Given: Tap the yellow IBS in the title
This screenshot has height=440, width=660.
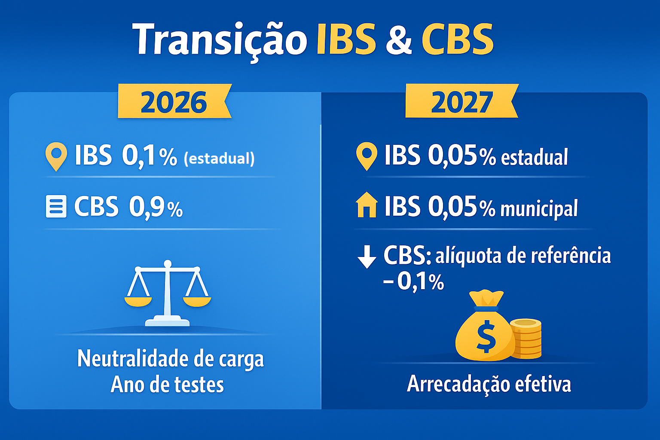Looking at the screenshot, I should pyautogui.click(x=346, y=40).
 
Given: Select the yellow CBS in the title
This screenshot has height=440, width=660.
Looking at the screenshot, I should pyautogui.click(x=457, y=40).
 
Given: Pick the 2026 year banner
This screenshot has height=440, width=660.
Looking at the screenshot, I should pyautogui.click(x=174, y=102).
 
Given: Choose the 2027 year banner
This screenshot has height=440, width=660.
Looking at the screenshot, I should pyautogui.click(x=461, y=102).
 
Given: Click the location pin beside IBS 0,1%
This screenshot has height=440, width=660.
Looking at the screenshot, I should pyautogui.click(x=56, y=156).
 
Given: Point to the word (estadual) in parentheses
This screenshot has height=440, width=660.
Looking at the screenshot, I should pyautogui.click(x=219, y=159).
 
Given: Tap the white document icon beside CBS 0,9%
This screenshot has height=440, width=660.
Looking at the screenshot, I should pyautogui.click(x=56, y=207).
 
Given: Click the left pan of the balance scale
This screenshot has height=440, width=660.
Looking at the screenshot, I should pyautogui.click(x=138, y=300).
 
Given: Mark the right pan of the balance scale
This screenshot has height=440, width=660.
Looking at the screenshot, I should pyautogui.click(x=197, y=300).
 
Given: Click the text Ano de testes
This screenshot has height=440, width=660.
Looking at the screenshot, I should pyautogui.click(x=167, y=385).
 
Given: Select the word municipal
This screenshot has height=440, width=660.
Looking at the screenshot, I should pyautogui.click(x=539, y=209).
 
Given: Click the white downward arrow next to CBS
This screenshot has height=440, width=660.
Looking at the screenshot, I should pyautogui.click(x=367, y=257).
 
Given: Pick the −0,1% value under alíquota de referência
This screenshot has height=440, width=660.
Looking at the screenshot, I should pyautogui.click(x=414, y=282).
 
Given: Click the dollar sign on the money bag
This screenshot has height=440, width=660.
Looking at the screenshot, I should pyautogui.click(x=486, y=336).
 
